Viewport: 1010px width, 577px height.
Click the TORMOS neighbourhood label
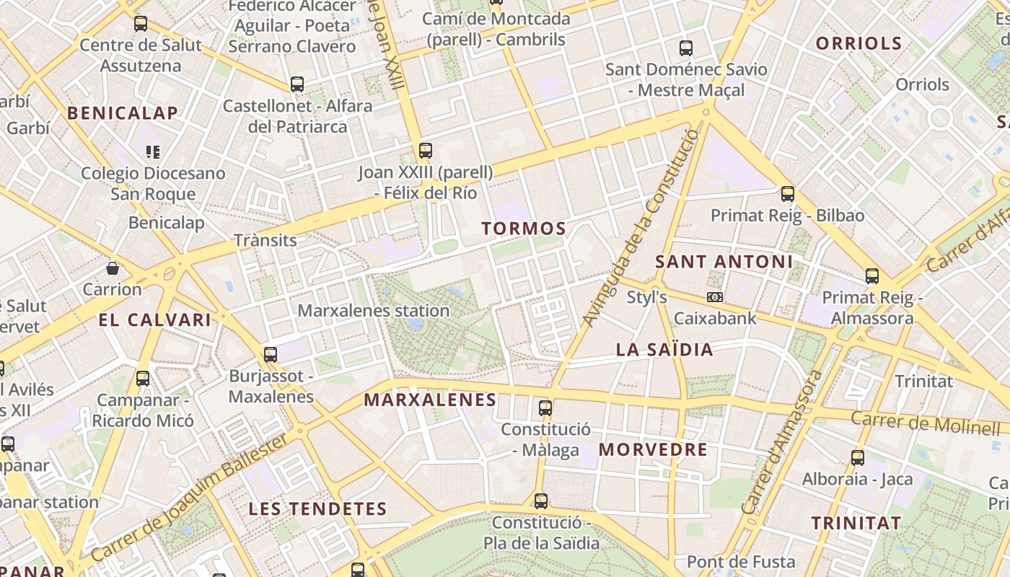click(524, 229)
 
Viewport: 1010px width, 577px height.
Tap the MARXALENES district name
click(430, 400)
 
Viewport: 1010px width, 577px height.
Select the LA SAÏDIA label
click(664, 350)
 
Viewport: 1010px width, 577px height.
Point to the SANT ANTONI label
click(724, 261)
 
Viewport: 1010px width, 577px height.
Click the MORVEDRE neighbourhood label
click(653, 449)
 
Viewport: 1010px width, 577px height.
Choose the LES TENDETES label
click(317, 508)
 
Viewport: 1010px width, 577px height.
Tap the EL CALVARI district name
click(155, 320)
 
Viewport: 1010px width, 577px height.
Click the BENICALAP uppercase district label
click(123, 113)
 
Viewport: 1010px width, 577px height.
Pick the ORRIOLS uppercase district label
click(858, 43)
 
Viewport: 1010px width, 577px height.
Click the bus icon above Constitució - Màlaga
click(545, 408)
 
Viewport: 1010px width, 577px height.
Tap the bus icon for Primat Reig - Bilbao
click(788, 194)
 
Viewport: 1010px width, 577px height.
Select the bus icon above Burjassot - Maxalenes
click(271, 355)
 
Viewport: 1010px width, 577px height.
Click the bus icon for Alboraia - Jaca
click(858, 457)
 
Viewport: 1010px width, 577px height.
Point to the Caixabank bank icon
click(715, 297)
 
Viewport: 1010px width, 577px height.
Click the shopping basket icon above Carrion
click(113, 269)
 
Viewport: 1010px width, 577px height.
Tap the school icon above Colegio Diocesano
click(153, 152)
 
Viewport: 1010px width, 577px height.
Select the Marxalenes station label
click(374, 311)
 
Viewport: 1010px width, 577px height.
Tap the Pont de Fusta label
click(741, 561)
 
